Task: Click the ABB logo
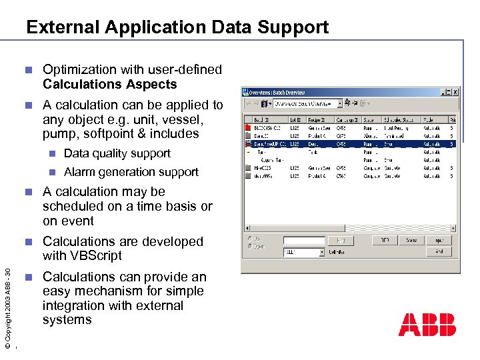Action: tap(427, 325)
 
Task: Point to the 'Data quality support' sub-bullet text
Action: tap(117, 153)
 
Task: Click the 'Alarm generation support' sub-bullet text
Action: tap(131, 172)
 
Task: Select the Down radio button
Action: tap(250, 246)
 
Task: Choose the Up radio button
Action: tap(250, 239)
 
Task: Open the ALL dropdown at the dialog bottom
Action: tap(304, 253)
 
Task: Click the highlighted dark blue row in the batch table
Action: tap(347, 143)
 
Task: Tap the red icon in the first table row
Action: tap(249, 127)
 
